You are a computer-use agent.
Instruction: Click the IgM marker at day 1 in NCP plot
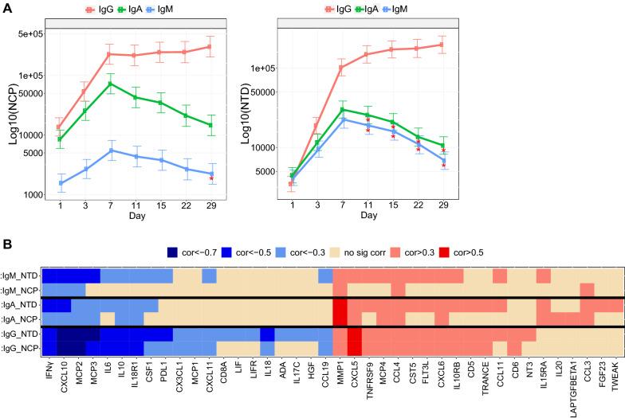60,183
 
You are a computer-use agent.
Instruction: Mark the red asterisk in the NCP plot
211,179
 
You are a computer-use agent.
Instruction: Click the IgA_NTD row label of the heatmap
20,304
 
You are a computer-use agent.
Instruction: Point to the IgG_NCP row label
20,347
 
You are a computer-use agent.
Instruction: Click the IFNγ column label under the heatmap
49,374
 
